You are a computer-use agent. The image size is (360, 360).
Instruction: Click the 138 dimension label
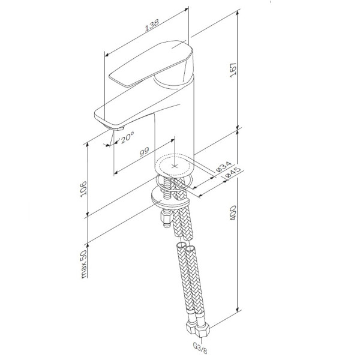[152, 25]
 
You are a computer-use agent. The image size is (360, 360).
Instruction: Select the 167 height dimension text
[233, 70]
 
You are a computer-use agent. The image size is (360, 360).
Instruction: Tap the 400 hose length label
[233, 213]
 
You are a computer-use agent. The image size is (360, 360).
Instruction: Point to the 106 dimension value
[83, 188]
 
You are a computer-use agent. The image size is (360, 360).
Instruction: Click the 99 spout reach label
[145, 151]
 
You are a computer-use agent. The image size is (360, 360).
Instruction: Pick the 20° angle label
[127, 137]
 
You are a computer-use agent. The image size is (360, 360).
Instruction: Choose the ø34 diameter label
[224, 167]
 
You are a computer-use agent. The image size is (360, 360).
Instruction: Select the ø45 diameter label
[233, 172]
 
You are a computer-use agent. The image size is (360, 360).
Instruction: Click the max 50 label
[83, 264]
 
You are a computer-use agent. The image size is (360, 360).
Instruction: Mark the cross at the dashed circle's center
[175, 166]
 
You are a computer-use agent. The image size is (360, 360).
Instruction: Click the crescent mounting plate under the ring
[169, 197]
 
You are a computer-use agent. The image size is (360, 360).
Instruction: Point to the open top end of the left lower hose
[181, 245]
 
